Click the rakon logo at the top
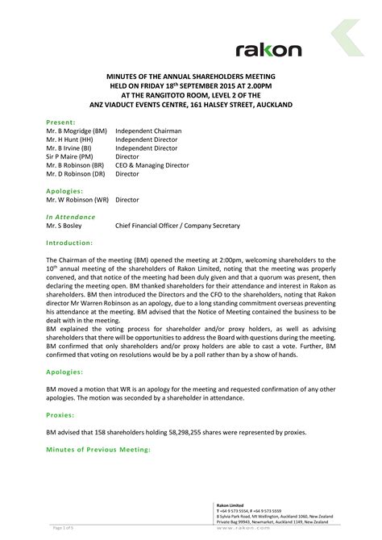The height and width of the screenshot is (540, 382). (x=268, y=50)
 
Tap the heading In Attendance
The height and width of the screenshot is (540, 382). (x=70, y=217)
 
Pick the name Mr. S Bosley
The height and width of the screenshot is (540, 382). (x=67, y=226)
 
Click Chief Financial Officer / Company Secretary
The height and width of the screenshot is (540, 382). (x=177, y=226)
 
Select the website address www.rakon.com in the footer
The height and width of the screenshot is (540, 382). (x=260, y=529)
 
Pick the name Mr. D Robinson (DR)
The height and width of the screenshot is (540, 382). (x=76, y=173)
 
